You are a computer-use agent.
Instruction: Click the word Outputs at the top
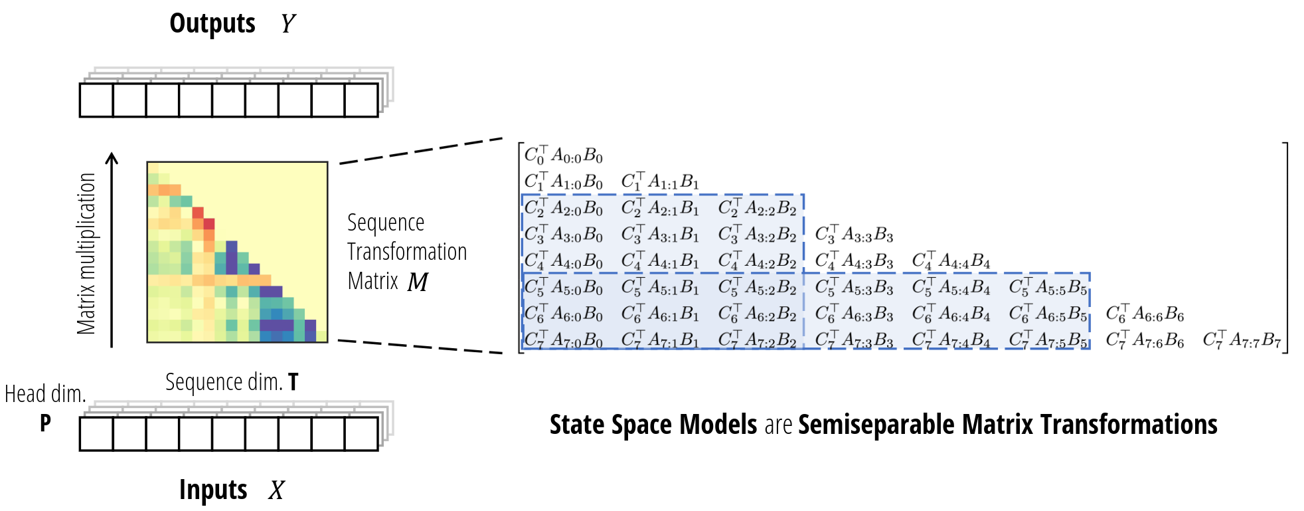[x=212, y=24]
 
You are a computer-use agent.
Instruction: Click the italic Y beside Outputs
[x=287, y=24]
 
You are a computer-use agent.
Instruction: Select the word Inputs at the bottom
[x=213, y=490]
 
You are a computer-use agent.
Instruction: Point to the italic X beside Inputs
[x=276, y=490]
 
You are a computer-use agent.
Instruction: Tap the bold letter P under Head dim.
[x=45, y=423]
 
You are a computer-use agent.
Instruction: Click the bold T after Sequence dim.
[x=293, y=382]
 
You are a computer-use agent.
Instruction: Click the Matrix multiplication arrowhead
[x=112, y=159]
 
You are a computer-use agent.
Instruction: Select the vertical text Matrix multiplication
[x=86, y=253]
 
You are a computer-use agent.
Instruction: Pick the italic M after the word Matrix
[x=418, y=282]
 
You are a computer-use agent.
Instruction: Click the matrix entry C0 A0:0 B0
[x=564, y=155]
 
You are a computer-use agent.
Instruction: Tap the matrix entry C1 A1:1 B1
[x=661, y=181]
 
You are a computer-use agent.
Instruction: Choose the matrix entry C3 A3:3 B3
[x=855, y=234]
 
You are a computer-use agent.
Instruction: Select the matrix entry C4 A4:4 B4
[x=951, y=260]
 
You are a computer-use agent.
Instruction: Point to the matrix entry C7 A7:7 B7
[x=1242, y=340]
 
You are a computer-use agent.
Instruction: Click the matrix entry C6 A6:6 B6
[x=1145, y=314]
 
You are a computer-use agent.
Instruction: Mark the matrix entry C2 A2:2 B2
[x=758, y=207]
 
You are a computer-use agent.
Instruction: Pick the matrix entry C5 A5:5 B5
[x=1048, y=287]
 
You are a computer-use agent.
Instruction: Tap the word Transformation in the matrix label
[x=407, y=252]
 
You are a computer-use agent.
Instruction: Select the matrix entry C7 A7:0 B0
[x=564, y=340]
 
